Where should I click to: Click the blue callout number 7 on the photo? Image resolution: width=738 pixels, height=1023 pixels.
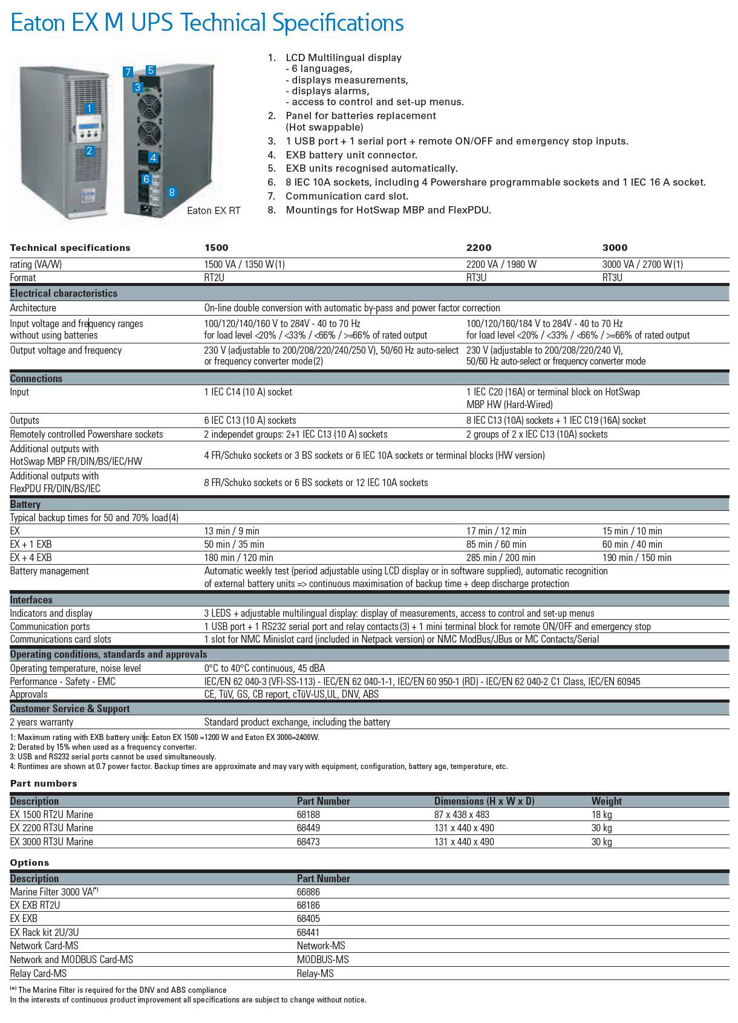tap(128, 72)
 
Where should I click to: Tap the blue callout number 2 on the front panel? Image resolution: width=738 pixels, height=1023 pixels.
tap(89, 151)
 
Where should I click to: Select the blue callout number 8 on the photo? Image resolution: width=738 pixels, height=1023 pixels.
tap(172, 192)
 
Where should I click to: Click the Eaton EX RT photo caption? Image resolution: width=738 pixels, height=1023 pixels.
tap(214, 210)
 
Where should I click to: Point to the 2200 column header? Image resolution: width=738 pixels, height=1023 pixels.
tap(478, 247)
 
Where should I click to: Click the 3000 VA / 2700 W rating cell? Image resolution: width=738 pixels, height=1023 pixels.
tap(642, 264)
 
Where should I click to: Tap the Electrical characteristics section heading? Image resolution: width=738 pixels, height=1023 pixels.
tap(64, 293)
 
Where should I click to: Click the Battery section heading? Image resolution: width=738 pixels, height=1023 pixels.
tap(25, 504)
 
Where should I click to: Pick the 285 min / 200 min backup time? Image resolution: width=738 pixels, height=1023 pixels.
tap(500, 557)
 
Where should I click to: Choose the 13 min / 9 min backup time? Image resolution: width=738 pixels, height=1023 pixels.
tap(232, 531)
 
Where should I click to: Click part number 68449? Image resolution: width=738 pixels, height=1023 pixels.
tap(309, 828)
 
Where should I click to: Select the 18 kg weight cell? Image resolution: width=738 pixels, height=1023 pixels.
tap(601, 814)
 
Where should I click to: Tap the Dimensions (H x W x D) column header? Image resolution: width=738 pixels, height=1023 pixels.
tap(484, 801)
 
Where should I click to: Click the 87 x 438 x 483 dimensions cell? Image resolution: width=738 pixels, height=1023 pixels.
tap(462, 814)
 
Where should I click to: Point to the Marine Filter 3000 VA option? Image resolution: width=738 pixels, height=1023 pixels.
tap(54, 892)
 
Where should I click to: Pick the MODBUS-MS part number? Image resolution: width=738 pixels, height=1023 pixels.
tap(322, 960)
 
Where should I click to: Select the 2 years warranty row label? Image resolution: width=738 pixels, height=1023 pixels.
tap(42, 722)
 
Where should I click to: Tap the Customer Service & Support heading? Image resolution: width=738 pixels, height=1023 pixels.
tap(70, 709)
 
